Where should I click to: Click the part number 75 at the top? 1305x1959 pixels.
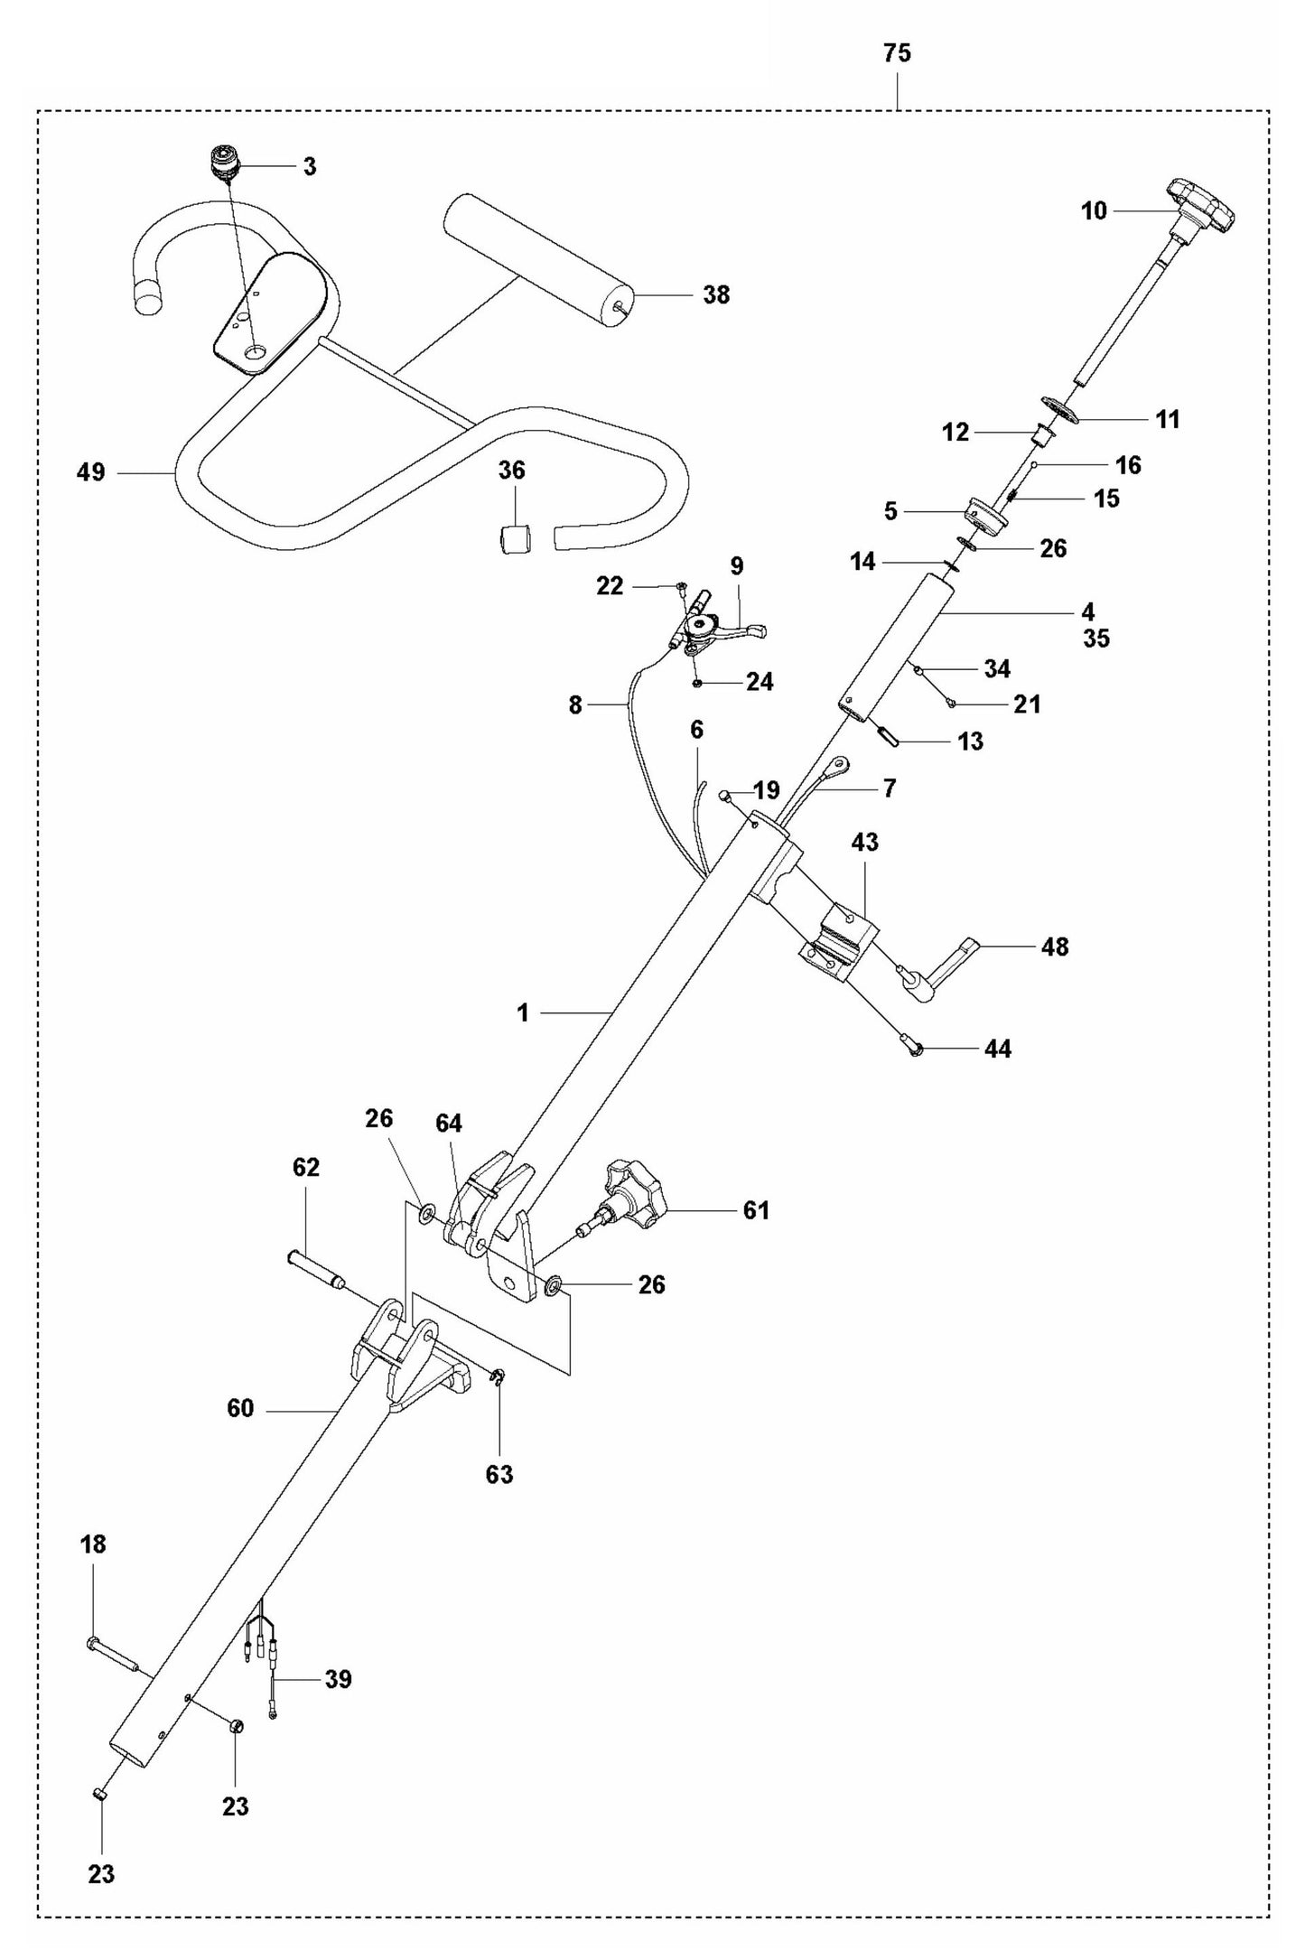tap(897, 53)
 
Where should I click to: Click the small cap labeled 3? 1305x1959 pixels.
tap(221, 163)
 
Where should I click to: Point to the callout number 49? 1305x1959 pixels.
tap(90, 471)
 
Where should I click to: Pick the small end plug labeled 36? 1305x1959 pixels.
tap(515, 539)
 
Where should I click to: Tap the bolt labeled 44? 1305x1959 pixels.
tap(912, 1046)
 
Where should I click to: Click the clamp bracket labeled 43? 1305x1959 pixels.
tap(840, 944)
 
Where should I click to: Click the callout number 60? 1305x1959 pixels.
tap(240, 1408)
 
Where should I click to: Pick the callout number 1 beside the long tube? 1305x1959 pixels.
tap(522, 1012)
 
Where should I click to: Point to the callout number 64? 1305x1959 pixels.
tap(449, 1123)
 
